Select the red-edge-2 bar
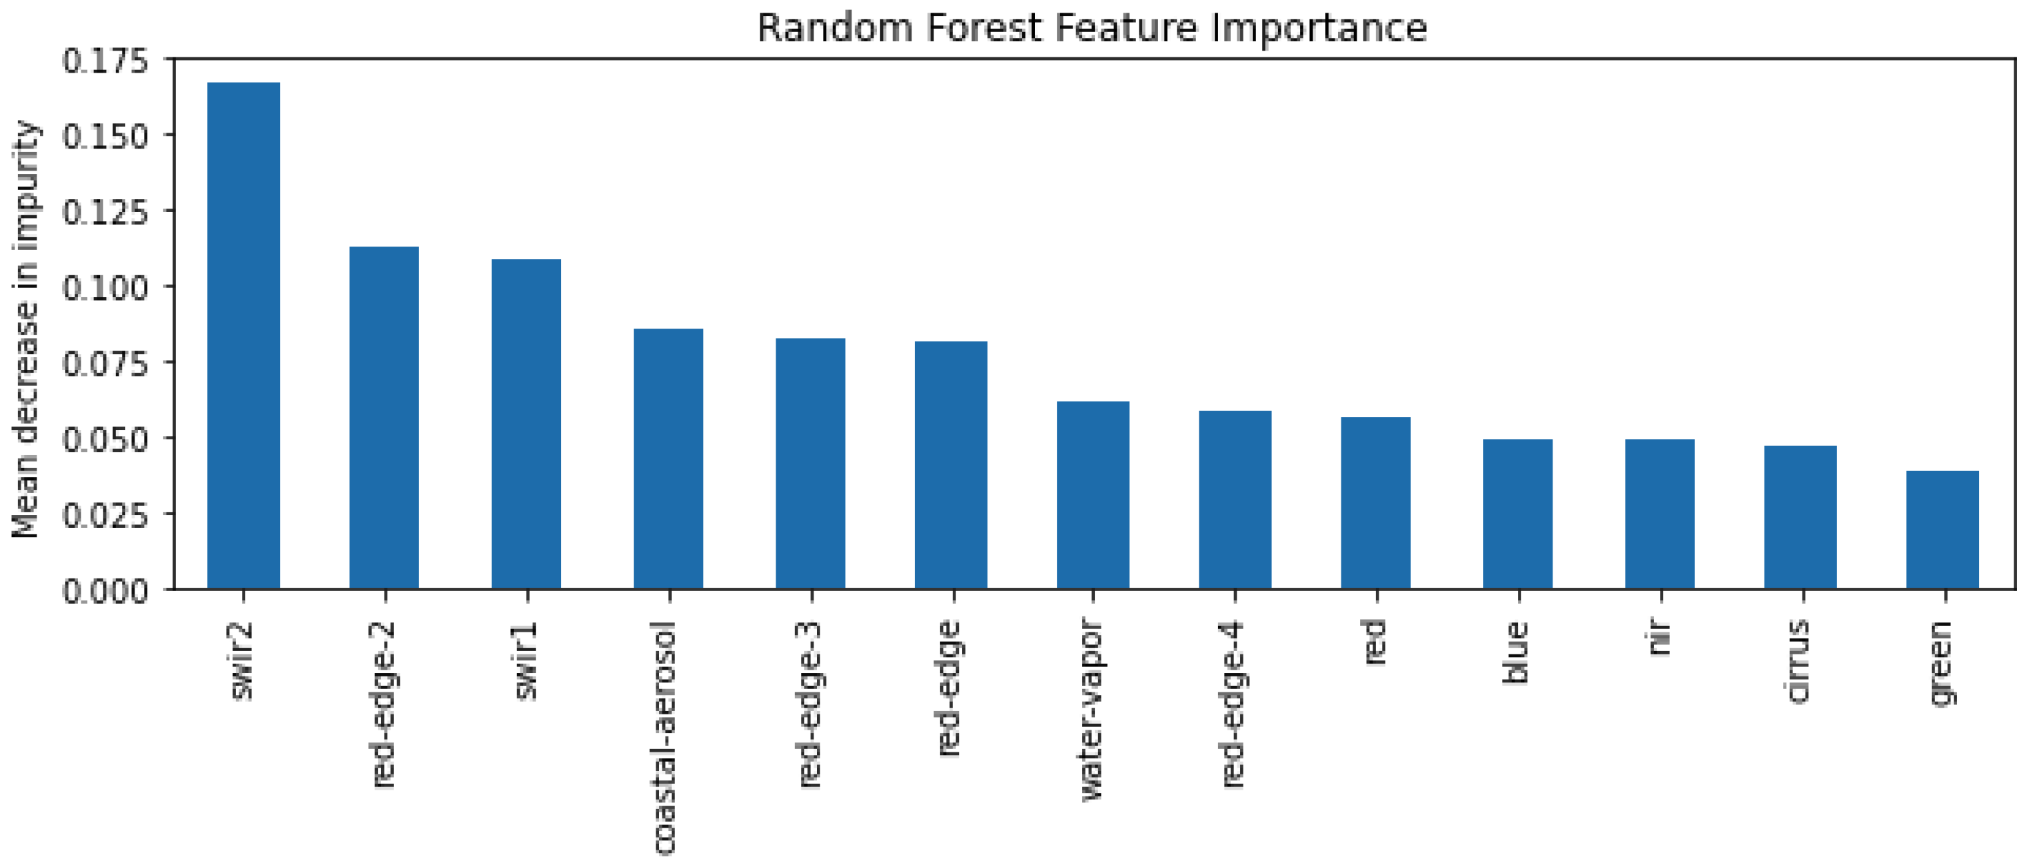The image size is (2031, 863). [384, 418]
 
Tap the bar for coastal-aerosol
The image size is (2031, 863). [668, 458]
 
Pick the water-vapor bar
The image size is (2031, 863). [1093, 494]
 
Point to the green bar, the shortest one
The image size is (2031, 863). [1942, 529]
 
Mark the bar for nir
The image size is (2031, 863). [1660, 514]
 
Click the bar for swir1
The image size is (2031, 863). [526, 424]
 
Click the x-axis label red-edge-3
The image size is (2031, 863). [810, 704]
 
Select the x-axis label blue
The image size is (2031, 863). [1516, 652]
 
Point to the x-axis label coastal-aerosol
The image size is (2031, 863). [666, 738]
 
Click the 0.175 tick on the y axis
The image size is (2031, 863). [105, 61]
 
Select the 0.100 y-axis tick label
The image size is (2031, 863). [105, 288]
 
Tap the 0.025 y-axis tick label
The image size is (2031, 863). [105, 516]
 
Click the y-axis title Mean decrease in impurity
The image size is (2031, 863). [25, 330]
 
